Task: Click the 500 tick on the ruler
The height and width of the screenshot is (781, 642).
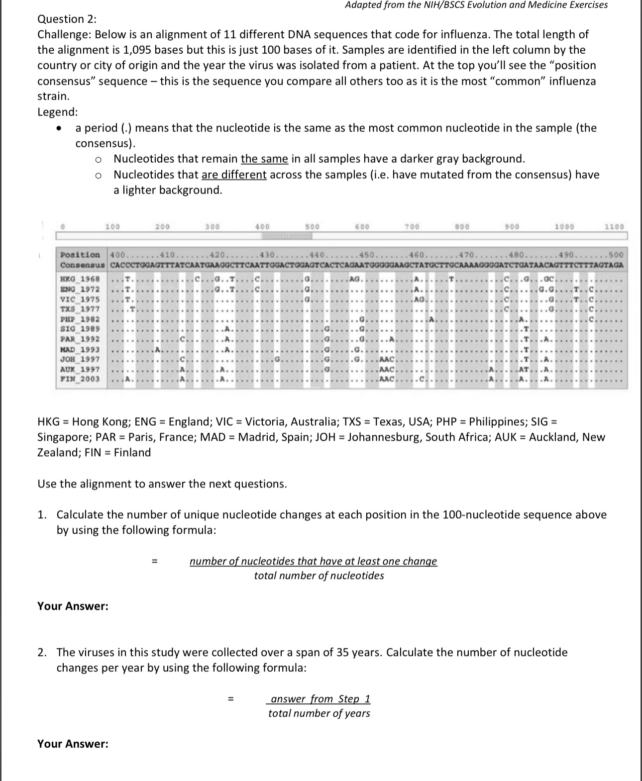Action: [x=312, y=227]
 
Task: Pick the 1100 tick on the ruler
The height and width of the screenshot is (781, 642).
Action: [x=614, y=227]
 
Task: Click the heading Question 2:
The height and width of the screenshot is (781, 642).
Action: [x=67, y=19]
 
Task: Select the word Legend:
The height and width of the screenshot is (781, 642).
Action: [x=58, y=112]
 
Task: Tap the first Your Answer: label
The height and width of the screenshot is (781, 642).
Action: [x=73, y=606]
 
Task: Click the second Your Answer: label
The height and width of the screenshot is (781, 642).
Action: [x=73, y=744]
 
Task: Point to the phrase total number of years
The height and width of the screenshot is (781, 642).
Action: [x=319, y=713]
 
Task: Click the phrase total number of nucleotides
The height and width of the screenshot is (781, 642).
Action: [x=319, y=576]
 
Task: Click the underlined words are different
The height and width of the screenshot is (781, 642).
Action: [x=234, y=175]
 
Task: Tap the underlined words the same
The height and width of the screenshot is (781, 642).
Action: [x=264, y=159]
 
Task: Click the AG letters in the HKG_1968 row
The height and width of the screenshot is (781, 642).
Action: [x=355, y=279]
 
